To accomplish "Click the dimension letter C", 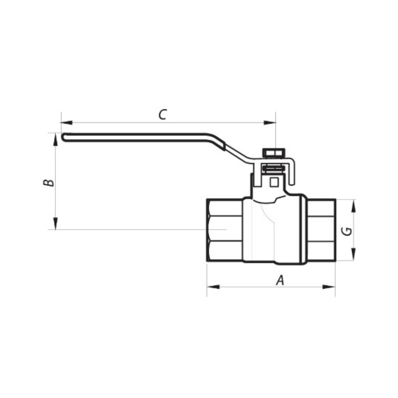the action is point(162,115).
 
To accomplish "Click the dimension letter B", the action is point(48,183).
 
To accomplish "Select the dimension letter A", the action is point(280,281).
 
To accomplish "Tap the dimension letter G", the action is point(347,231).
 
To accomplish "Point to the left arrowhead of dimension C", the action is point(67,123).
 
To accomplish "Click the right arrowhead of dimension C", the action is point(270,123).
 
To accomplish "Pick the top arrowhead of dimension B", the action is point(55,140).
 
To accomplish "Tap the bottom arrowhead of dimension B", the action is point(55,223).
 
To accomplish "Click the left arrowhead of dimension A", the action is point(213,287).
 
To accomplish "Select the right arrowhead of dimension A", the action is point(329,287).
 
